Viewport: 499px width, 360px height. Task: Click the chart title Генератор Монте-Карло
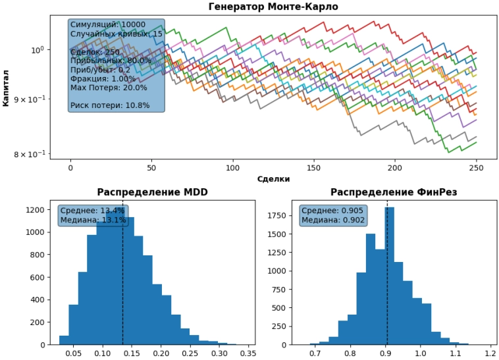click(273, 7)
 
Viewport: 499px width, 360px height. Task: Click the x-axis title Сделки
click(273, 178)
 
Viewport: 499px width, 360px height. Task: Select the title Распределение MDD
click(153, 192)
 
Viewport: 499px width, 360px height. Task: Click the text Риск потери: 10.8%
click(110, 105)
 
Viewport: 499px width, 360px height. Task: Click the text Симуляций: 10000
click(108, 25)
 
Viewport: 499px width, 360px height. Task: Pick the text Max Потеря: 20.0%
click(109, 88)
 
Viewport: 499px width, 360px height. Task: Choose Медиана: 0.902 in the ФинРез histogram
click(333, 220)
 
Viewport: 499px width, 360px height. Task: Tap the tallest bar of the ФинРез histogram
click(390, 276)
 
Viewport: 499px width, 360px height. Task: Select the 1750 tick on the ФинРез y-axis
click(277, 215)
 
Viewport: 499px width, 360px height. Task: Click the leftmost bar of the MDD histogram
click(64, 340)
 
